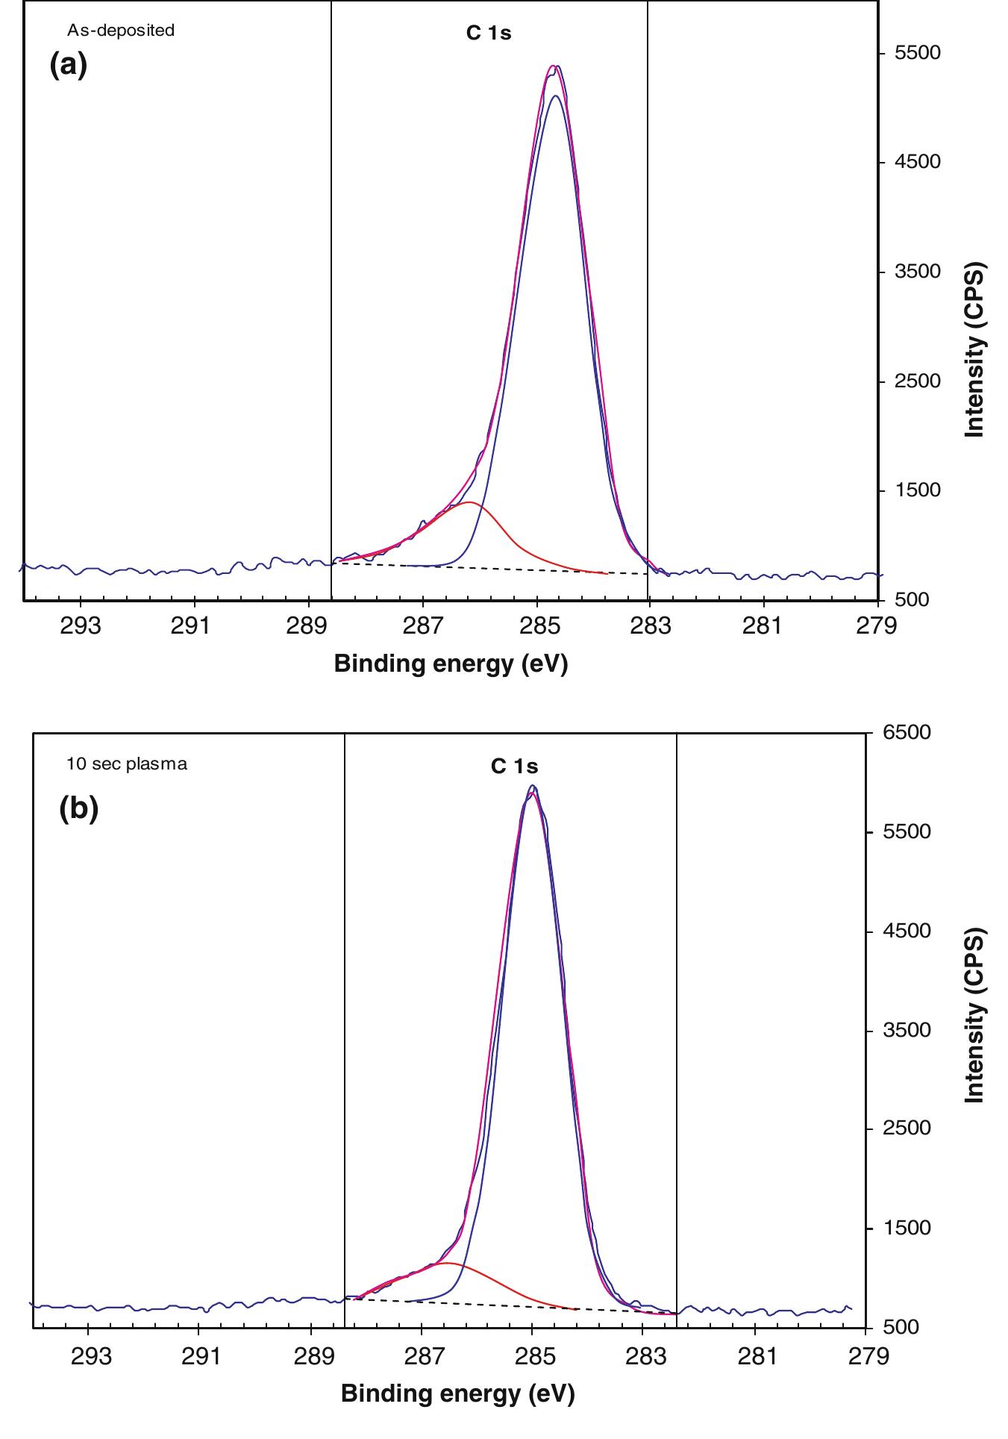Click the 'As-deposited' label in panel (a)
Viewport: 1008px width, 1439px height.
(121, 31)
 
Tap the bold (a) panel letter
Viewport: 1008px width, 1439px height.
(69, 65)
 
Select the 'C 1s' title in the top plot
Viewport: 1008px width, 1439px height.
(489, 33)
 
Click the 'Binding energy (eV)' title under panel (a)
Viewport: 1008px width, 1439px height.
(451, 663)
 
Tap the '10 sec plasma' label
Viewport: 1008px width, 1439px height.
(126, 764)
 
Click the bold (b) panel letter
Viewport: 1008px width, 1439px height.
(78, 810)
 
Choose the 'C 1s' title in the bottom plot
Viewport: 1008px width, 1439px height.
(514, 767)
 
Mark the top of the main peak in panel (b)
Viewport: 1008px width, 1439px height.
(532, 787)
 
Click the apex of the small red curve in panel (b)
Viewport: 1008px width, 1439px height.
(445, 1263)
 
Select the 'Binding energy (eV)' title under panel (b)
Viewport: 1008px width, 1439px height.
(457, 1393)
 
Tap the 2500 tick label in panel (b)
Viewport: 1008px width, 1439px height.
(907, 1128)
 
